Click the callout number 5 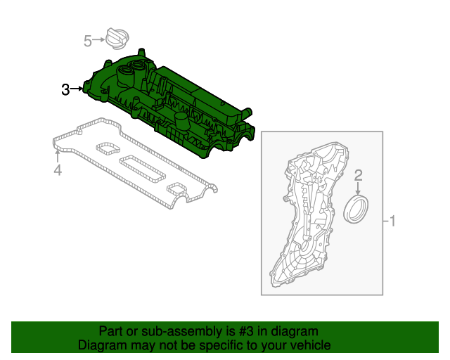(87, 41)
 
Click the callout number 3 (65, 89)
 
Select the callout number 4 (58, 171)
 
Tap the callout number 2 (358, 175)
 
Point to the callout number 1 (393, 222)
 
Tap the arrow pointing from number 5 (99, 40)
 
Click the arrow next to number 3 (77, 89)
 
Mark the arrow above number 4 (57, 155)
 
